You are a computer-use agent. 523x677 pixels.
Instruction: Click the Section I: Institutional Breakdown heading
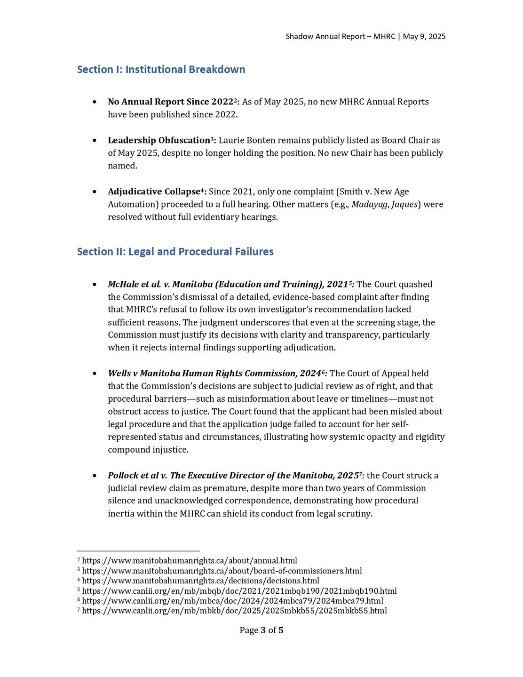pyautogui.click(x=161, y=70)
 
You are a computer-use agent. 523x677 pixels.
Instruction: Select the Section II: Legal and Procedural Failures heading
pyautogui.click(x=175, y=252)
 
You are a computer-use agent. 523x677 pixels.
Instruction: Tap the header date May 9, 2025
pyautogui.click(x=424, y=37)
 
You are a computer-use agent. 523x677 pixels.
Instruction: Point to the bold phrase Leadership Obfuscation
pyautogui.click(x=159, y=140)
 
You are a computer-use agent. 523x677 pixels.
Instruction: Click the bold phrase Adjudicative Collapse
pyautogui.click(x=154, y=191)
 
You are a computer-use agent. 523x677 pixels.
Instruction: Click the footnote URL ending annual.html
pyautogui.click(x=190, y=561)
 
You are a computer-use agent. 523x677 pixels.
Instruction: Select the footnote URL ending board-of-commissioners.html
pyautogui.click(x=222, y=571)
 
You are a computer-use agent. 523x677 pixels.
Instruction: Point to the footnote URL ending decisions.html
pyautogui.click(x=200, y=581)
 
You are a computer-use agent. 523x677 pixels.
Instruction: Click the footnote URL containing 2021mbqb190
pyautogui.click(x=239, y=591)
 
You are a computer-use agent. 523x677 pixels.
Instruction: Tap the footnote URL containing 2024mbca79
pyautogui.click(x=232, y=601)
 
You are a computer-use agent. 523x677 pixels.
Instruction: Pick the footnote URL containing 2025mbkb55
pyautogui.click(x=234, y=611)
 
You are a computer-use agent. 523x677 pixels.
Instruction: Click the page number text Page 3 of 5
pyautogui.click(x=261, y=630)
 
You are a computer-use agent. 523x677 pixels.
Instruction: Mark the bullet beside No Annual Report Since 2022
pyautogui.click(x=95, y=102)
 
